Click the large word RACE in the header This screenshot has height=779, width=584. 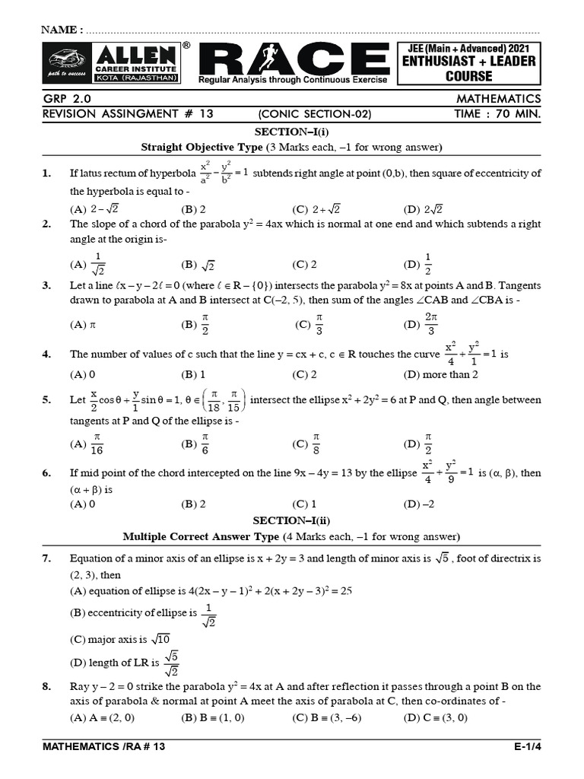[296, 59]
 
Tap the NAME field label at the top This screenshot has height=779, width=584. [62, 30]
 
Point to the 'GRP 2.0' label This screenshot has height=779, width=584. [67, 99]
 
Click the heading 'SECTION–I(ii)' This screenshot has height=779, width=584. [291, 520]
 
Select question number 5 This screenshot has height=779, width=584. [46, 400]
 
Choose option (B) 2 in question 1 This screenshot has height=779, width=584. [194, 209]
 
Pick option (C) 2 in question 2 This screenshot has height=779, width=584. [304, 265]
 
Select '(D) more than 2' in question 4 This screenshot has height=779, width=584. [441, 374]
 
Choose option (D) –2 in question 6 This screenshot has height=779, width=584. [419, 504]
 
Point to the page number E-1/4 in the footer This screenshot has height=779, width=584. [527, 747]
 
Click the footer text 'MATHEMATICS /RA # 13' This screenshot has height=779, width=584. [104, 747]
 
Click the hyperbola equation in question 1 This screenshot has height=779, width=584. [224, 173]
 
